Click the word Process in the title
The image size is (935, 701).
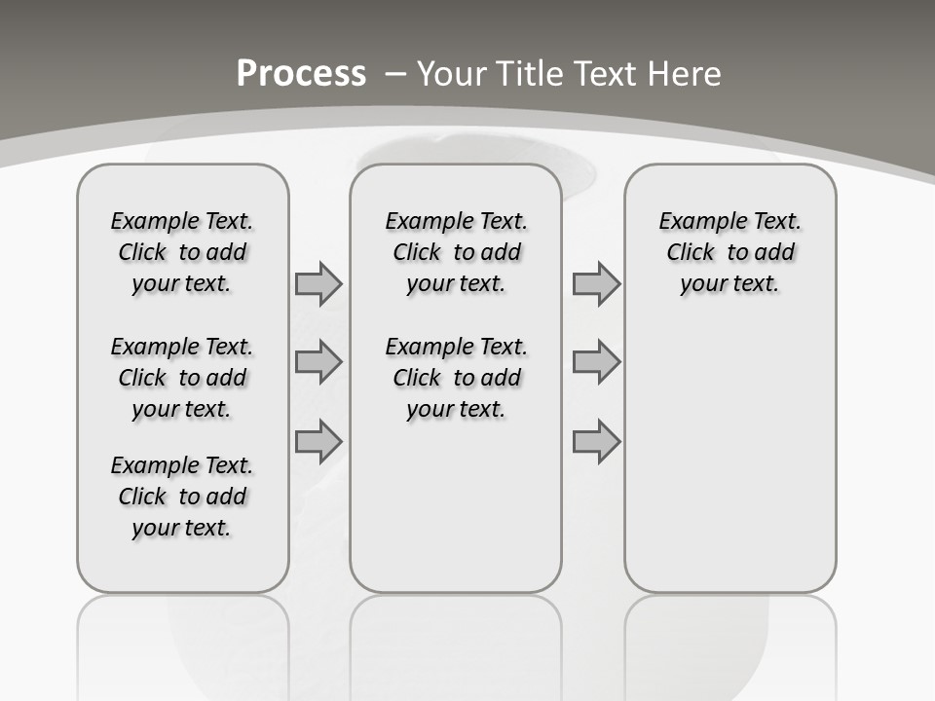point(301,74)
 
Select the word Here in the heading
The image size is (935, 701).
point(686,74)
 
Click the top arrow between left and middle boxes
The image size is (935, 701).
point(318,283)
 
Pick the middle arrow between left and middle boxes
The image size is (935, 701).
point(318,362)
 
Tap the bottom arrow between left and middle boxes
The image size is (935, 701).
point(318,441)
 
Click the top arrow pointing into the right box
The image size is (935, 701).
point(596,283)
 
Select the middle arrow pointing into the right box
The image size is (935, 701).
point(596,362)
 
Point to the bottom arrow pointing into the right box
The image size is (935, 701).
point(596,441)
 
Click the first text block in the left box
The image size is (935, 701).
point(182,252)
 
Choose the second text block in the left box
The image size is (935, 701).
point(182,378)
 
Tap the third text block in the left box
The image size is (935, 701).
point(182,497)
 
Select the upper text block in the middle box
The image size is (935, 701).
point(456,252)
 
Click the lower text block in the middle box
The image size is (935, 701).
point(456,378)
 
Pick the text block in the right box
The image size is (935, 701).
point(729,252)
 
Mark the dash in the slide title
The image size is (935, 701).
point(396,74)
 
